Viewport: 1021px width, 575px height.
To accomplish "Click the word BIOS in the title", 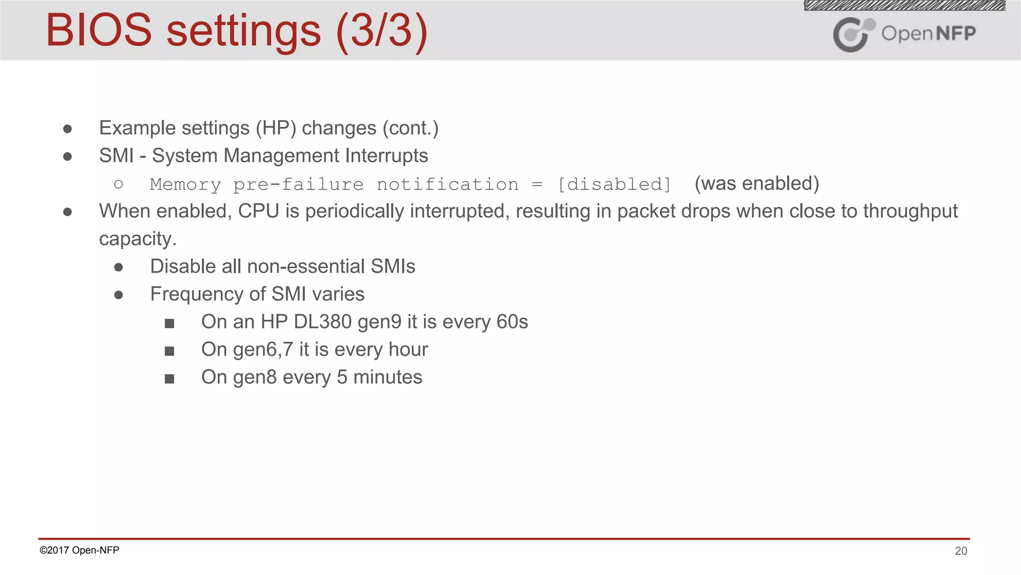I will (x=99, y=31).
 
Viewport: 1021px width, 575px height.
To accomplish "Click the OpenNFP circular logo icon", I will (x=853, y=34).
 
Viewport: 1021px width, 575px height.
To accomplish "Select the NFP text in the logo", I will (x=956, y=33).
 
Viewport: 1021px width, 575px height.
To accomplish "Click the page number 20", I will (x=961, y=551).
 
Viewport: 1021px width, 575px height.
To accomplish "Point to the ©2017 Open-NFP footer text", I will (x=79, y=550).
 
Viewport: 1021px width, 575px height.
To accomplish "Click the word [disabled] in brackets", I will (x=614, y=185).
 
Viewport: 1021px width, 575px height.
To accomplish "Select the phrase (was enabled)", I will (x=757, y=184).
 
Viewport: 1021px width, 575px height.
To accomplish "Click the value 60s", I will (x=512, y=322).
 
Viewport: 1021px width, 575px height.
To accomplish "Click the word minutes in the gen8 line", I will (x=387, y=377).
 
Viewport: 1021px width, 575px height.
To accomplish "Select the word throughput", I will (x=910, y=211).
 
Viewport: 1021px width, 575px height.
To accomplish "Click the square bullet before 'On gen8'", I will (x=170, y=379).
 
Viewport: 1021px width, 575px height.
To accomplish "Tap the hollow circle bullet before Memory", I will (x=118, y=185).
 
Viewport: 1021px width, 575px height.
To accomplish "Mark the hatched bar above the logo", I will (x=904, y=5).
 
